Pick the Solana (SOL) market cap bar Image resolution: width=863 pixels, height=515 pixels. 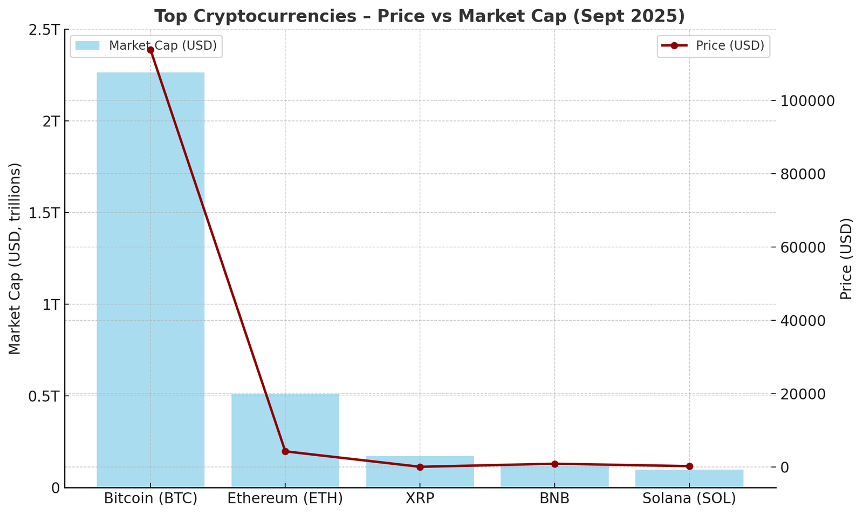point(689,479)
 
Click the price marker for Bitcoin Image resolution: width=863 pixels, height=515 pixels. point(150,50)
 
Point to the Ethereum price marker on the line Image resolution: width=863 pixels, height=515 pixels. point(285,451)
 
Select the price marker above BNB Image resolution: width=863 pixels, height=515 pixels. point(554,464)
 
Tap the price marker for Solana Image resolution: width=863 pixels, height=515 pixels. point(689,466)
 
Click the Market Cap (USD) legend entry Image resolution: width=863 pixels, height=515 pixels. point(146,46)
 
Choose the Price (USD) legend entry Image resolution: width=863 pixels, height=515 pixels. point(713,46)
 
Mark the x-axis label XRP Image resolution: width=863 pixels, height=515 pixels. point(420,498)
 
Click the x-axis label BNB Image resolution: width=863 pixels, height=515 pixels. point(554,498)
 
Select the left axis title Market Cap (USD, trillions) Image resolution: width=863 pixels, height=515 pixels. point(15,259)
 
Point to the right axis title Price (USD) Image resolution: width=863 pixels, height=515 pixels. point(846,259)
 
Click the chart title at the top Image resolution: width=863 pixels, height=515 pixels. point(420,16)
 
